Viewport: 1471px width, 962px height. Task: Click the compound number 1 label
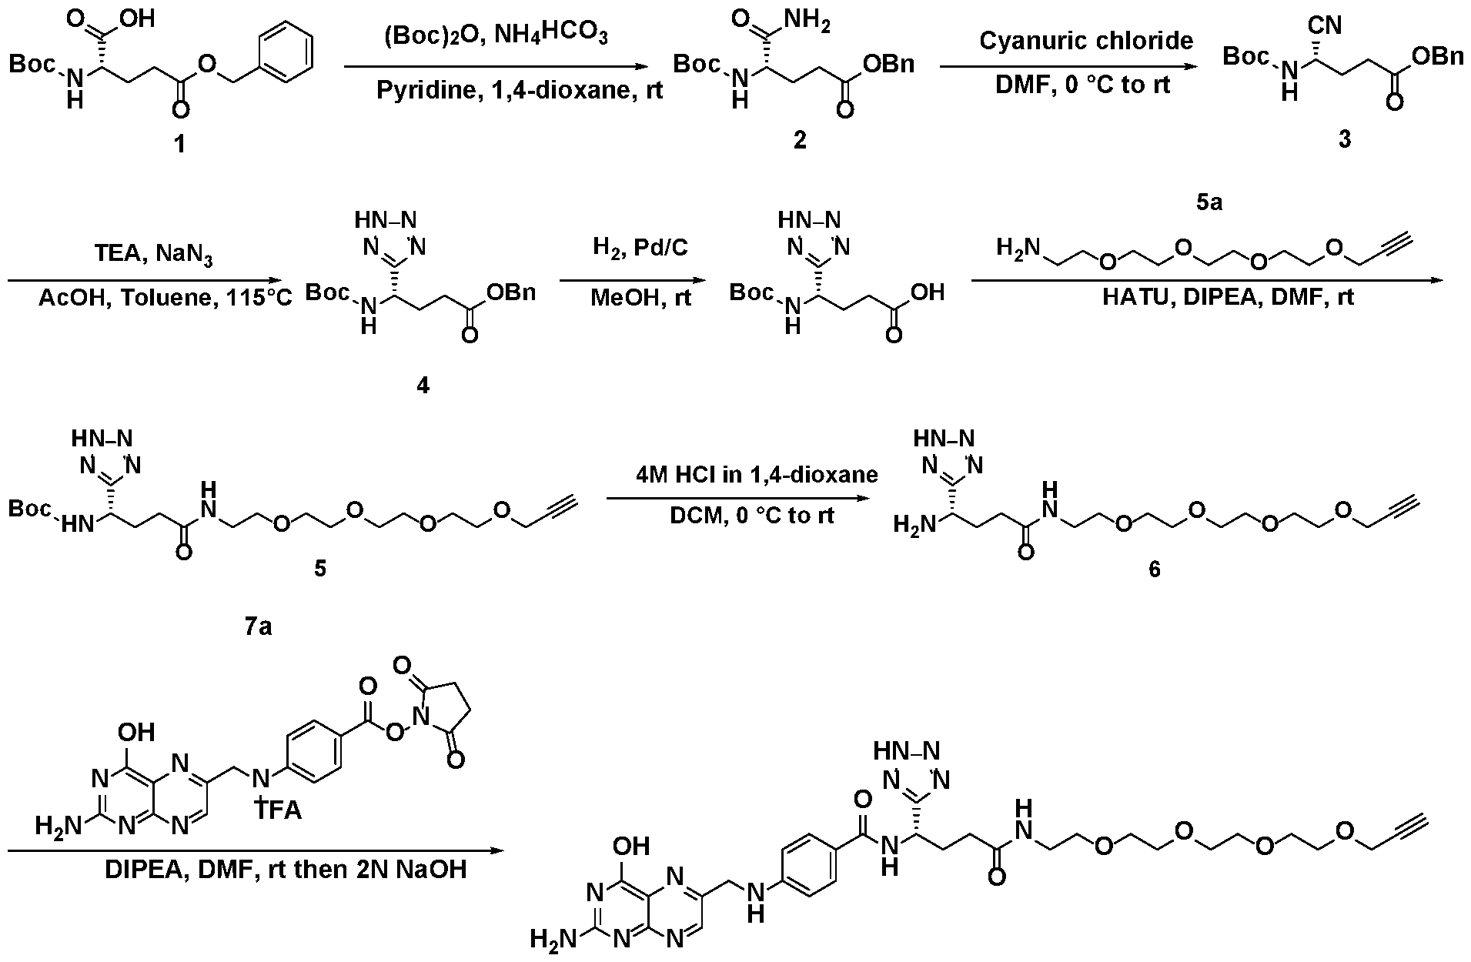point(179,142)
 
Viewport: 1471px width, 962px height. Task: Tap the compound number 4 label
point(423,385)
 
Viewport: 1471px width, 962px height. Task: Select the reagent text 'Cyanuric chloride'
point(1085,40)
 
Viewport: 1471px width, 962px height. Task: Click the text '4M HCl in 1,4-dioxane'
point(757,474)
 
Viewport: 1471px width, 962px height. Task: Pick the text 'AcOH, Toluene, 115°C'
point(165,297)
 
